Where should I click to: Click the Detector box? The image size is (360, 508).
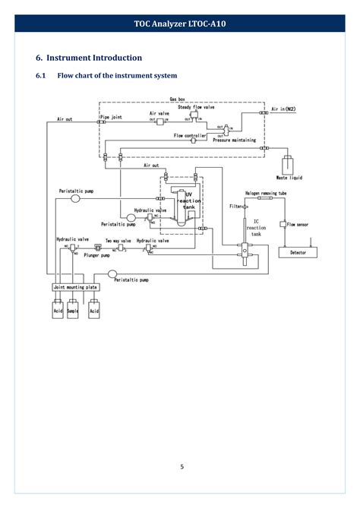[297, 252]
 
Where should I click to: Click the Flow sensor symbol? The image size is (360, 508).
[282, 225]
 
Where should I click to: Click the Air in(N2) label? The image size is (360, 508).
[282, 109]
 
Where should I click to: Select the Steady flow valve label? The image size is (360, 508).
[196, 108]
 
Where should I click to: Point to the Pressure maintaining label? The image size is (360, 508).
[233, 140]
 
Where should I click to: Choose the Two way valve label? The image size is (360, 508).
[118, 240]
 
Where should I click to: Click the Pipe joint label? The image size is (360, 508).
[111, 117]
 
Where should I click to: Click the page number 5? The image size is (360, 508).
[181, 467]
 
